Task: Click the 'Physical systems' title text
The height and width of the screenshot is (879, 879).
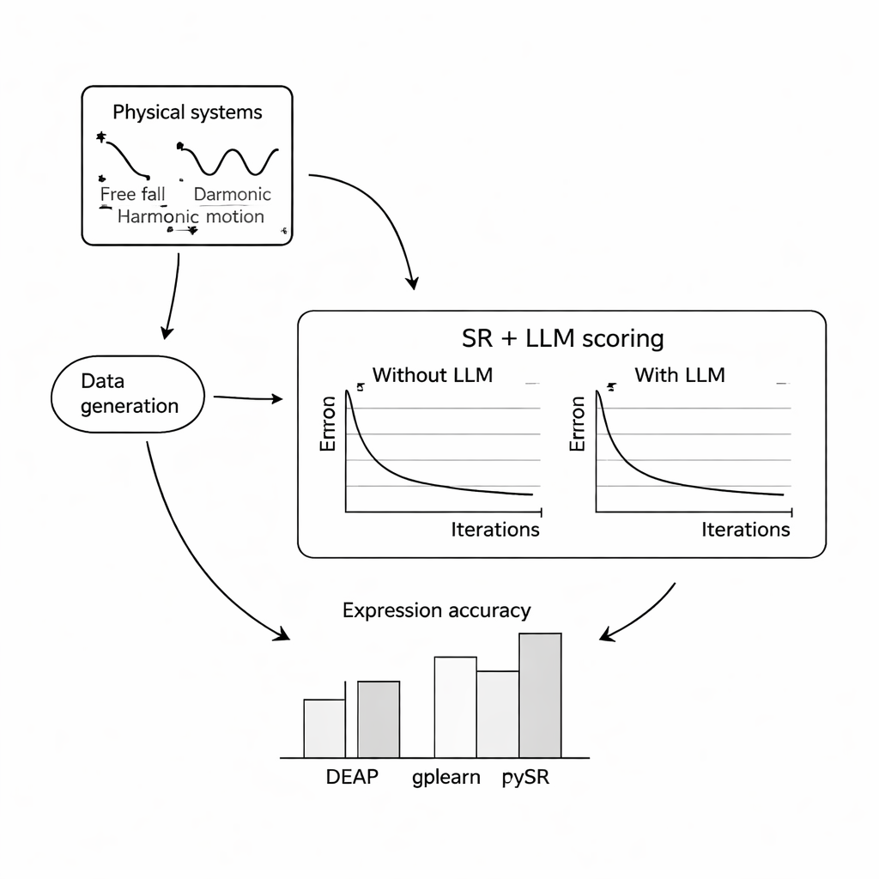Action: click(x=187, y=112)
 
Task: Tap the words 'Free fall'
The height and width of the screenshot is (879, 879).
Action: click(x=132, y=194)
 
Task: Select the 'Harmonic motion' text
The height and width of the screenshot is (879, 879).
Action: click(x=191, y=216)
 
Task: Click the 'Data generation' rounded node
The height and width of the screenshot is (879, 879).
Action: click(x=129, y=393)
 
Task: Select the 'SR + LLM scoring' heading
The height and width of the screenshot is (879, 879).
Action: click(x=562, y=338)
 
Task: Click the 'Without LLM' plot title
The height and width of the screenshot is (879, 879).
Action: click(x=432, y=375)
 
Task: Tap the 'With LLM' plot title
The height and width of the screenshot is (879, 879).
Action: click(x=679, y=375)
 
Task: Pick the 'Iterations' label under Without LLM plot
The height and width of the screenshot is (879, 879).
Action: click(x=495, y=529)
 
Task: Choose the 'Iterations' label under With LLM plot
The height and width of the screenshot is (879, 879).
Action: click(x=745, y=529)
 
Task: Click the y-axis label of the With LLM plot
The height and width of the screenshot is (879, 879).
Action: click(x=579, y=423)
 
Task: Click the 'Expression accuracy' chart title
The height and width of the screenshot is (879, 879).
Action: click(x=436, y=610)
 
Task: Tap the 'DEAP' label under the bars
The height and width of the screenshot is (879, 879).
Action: click(x=352, y=779)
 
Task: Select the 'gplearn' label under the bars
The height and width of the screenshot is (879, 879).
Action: click(x=445, y=779)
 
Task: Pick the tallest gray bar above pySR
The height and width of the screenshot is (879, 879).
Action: click(x=540, y=695)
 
